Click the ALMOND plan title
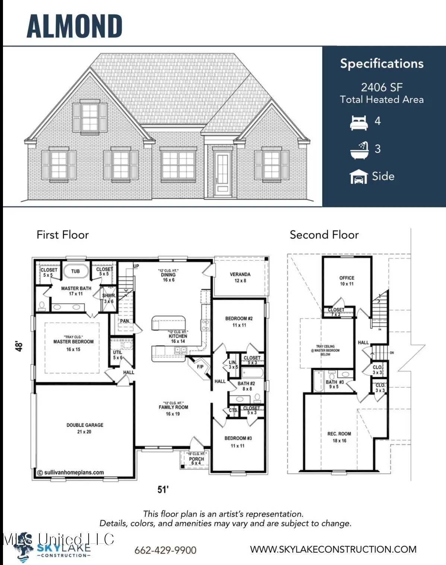(75, 26)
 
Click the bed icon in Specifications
(359, 122)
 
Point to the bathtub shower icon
(359, 150)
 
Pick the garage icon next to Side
(358, 177)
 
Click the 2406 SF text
(382, 87)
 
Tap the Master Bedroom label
(73, 342)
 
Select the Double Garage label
(85, 425)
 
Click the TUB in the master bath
(75, 271)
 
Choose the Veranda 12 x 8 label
(240, 277)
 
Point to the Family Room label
(173, 407)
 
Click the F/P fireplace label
(200, 367)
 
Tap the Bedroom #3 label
(238, 438)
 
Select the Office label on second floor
(347, 278)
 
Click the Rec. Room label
(339, 434)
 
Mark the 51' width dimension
(163, 489)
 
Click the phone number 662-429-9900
(165, 550)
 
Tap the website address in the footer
(333, 549)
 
